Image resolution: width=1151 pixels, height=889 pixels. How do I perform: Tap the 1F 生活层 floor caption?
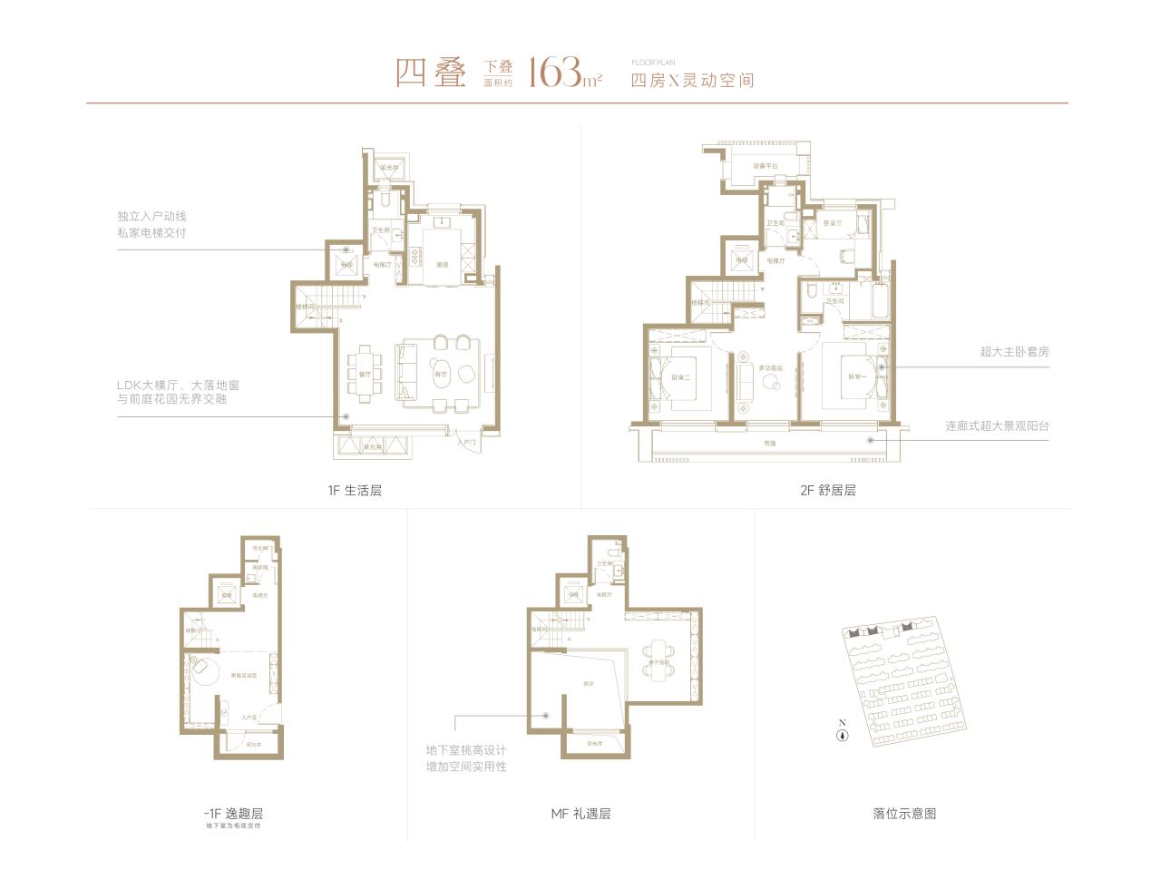coord(355,491)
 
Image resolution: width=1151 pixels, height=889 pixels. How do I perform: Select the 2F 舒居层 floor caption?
coord(827,491)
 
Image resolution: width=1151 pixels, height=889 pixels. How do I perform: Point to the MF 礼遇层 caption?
coord(580,814)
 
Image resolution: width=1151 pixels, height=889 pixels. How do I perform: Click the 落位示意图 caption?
coord(904,814)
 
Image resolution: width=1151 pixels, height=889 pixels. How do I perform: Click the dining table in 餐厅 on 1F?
coord(365,373)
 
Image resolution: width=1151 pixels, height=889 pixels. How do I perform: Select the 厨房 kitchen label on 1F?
coord(443,265)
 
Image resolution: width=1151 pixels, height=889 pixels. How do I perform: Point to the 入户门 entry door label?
coord(467,443)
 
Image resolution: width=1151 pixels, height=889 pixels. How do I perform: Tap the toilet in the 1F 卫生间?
coord(385,198)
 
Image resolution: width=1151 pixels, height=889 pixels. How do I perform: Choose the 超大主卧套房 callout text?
coord(1013,352)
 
